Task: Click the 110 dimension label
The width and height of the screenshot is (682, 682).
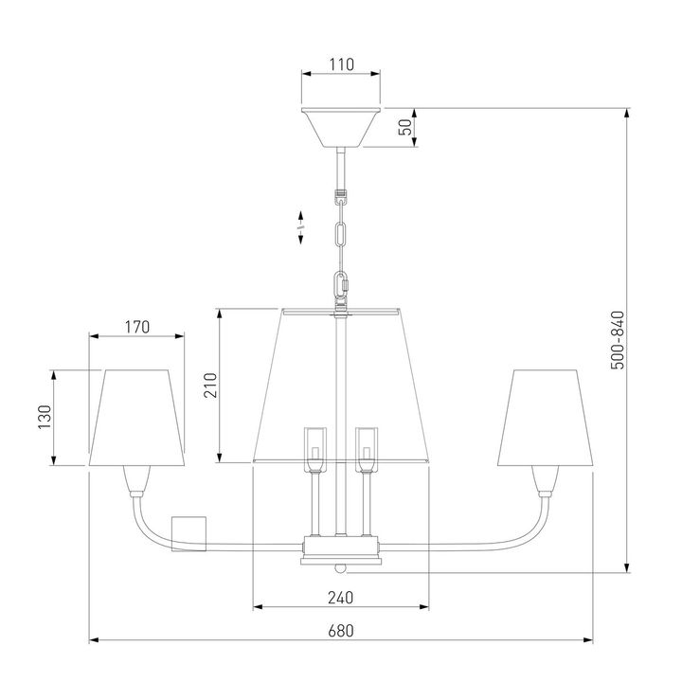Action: click(341, 64)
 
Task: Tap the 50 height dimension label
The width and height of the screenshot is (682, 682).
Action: click(405, 127)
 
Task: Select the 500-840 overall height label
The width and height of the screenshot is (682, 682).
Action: click(618, 340)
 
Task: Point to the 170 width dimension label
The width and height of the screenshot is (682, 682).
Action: click(137, 327)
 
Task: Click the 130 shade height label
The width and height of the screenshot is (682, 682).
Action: click(45, 417)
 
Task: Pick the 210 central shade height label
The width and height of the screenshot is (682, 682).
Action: click(210, 386)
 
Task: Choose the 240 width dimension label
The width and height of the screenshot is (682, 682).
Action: click(341, 598)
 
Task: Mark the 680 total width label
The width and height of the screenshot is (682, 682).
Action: click(341, 630)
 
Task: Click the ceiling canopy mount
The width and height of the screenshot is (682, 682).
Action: click(341, 127)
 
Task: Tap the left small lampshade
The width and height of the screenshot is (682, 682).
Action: click(136, 418)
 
